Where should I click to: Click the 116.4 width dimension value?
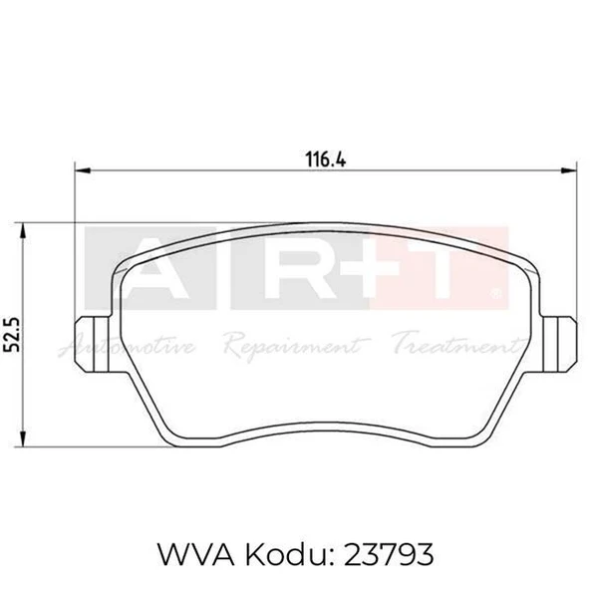pos(326,159)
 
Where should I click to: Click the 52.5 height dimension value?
pos(12,335)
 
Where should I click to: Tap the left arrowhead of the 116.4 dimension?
pos(83,170)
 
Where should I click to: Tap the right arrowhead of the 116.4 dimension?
pos(568,170)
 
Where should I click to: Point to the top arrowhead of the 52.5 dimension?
pos(23,230)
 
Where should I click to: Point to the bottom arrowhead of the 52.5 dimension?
pos(23,440)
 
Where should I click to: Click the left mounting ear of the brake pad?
pos(93,344)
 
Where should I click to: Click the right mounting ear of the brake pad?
pos(559,344)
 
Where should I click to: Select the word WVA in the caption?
pos(195,555)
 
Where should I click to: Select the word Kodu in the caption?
pos(286,554)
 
